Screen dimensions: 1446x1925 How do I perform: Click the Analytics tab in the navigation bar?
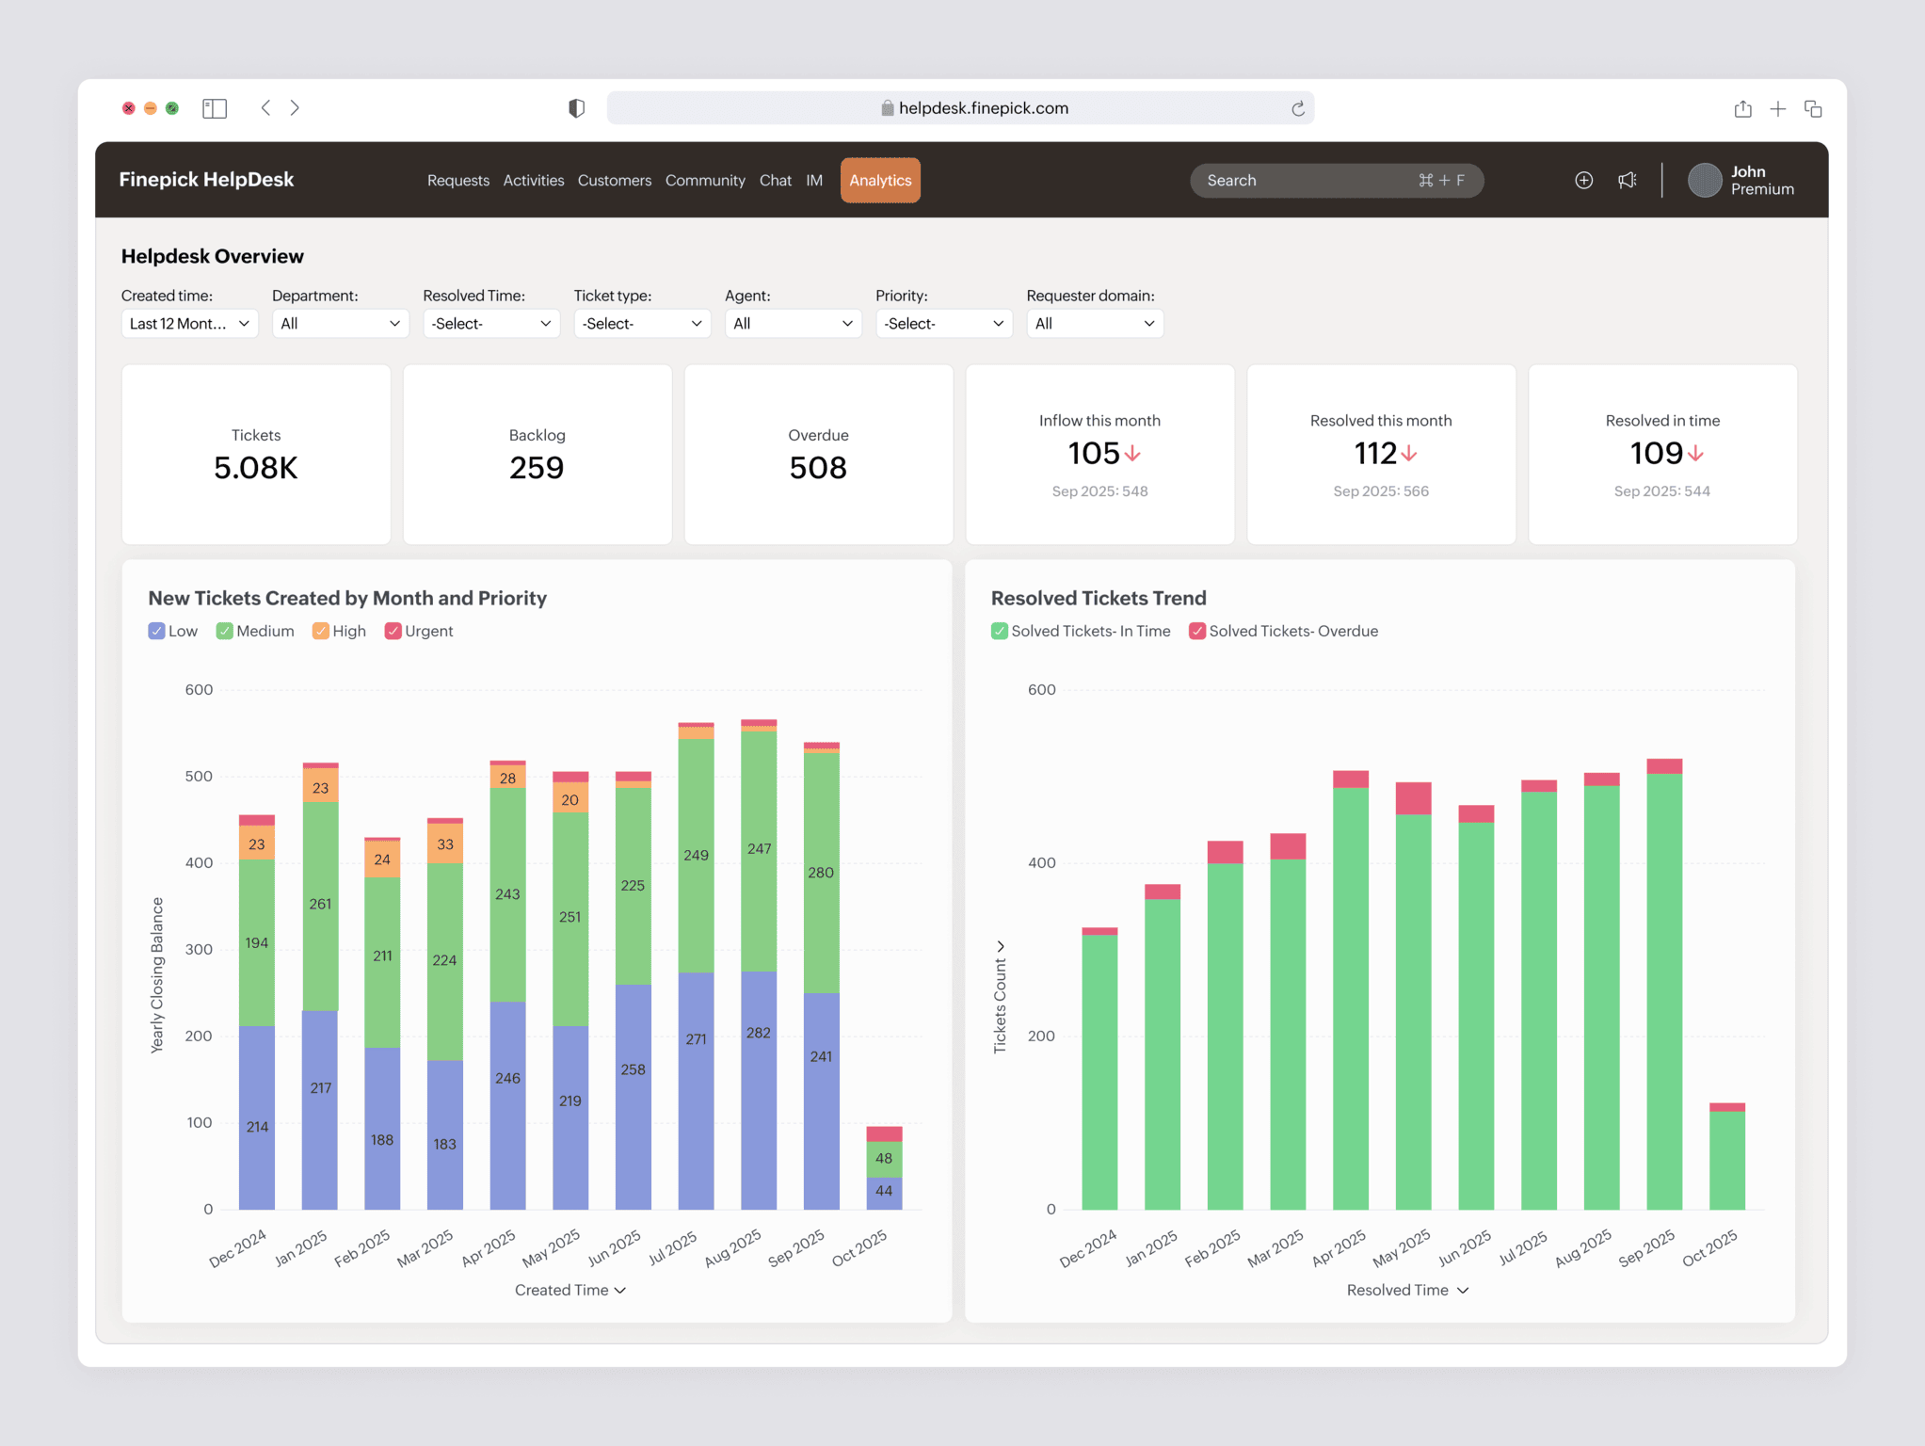point(879,180)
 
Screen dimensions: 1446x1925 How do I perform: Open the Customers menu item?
point(614,180)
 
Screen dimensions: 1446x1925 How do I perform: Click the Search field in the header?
point(1308,180)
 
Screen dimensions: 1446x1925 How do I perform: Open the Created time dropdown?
point(189,323)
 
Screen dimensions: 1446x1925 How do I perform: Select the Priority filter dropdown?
point(943,323)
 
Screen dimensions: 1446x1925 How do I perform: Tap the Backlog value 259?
point(537,468)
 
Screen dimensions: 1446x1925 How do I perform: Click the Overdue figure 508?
point(818,468)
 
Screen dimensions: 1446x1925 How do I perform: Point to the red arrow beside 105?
point(1132,454)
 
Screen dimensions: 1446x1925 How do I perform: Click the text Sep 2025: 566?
point(1380,491)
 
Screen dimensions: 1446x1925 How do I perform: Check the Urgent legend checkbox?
point(393,631)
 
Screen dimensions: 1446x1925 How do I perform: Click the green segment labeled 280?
point(821,873)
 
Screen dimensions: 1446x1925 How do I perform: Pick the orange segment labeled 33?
point(444,844)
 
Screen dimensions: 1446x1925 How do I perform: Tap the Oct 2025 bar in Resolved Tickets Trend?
point(1726,1158)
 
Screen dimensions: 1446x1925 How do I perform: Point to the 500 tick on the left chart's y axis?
point(199,777)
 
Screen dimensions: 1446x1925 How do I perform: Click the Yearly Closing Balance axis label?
point(157,974)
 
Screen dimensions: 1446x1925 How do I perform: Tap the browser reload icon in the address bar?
point(1297,108)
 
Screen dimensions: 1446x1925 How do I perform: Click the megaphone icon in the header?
point(1627,180)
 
